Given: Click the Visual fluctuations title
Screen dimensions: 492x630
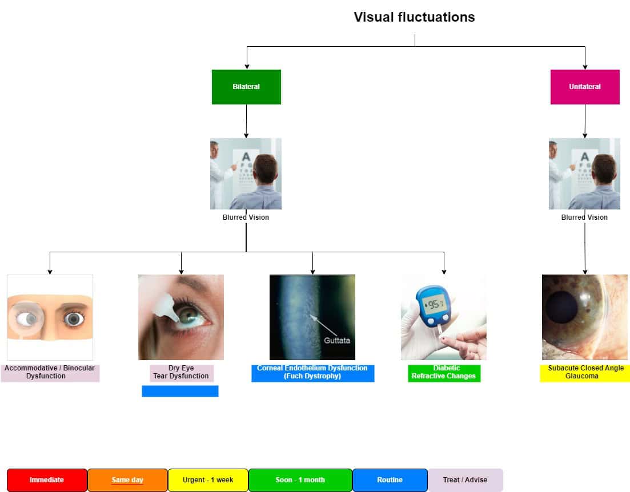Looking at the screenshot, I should (x=414, y=17).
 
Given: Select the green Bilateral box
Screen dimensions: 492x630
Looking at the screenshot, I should (x=246, y=87).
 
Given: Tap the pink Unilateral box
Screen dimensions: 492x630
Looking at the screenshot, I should (x=585, y=87).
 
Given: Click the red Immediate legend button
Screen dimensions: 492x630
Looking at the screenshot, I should (x=47, y=480).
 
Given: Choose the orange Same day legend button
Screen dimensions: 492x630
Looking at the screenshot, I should (x=127, y=480).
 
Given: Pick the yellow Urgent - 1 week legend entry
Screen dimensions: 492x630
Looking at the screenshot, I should (x=208, y=480).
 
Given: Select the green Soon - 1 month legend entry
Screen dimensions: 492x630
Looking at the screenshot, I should (x=300, y=480).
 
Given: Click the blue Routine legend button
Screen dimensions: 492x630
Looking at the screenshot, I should (x=390, y=480).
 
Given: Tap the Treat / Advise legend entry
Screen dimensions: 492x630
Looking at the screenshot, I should (x=465, y=480).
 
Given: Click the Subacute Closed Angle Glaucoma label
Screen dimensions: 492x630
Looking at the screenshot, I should (x=585, y=373).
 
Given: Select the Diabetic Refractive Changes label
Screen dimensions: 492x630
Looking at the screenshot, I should (x=444, y=373).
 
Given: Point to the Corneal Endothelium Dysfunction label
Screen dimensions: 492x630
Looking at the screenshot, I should (x=312, y=373).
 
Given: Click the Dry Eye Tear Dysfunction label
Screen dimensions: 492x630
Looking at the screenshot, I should (x=181, y=373).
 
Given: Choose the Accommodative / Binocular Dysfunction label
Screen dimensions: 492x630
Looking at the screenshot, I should (x=50, y=373).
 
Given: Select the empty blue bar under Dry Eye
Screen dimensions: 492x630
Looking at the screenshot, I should (x=180, y=391).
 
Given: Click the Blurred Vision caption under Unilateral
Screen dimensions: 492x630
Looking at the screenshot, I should (x=584, y=217).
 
